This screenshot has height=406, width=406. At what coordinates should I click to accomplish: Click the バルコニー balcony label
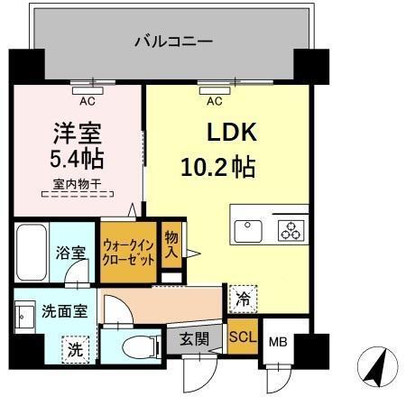tap(173, 41)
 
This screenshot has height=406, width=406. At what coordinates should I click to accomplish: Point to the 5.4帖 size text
tap(75, 161)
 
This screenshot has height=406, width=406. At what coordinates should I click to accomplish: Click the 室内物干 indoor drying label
tap(75, 185)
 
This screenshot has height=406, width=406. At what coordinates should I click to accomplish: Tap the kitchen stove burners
tap(291, 231)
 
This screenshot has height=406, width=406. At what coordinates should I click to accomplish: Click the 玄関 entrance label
tap(195, 340)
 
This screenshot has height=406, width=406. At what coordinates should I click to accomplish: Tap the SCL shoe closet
tap(241, 339)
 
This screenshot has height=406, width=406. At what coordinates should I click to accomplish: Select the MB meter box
tap(278, 344)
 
